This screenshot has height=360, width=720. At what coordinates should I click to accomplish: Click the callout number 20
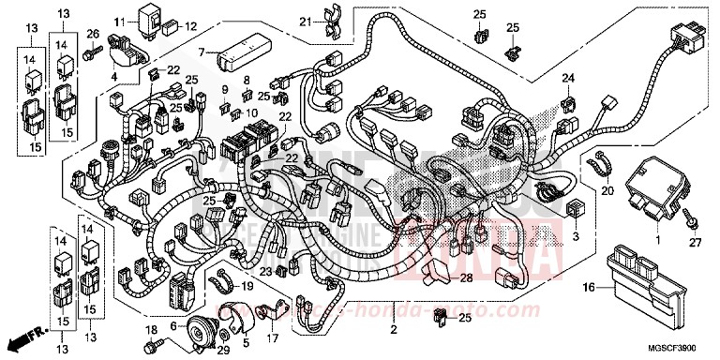pyautogui.click(x=607, y=191)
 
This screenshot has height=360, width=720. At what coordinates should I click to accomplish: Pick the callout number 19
pyautogui.click(x=248, y=286)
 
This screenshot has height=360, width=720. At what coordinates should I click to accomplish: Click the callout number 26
pyautogui.click(x=93, y=35)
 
